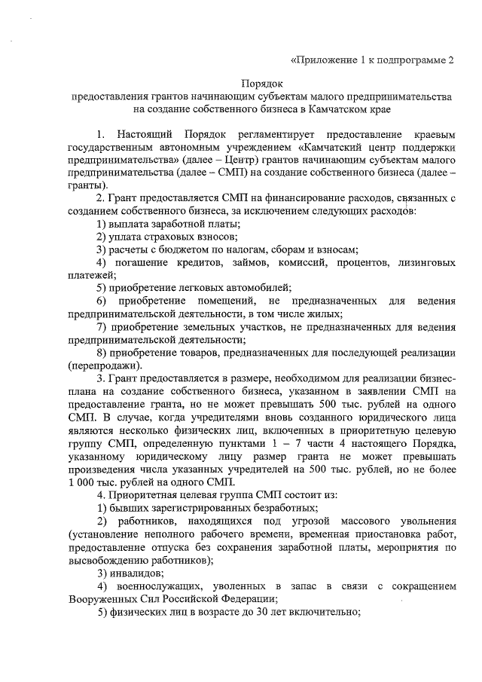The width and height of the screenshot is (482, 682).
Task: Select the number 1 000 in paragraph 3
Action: click(x=79, y=483)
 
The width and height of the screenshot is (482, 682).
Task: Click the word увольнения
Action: click(x=423, y=521)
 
